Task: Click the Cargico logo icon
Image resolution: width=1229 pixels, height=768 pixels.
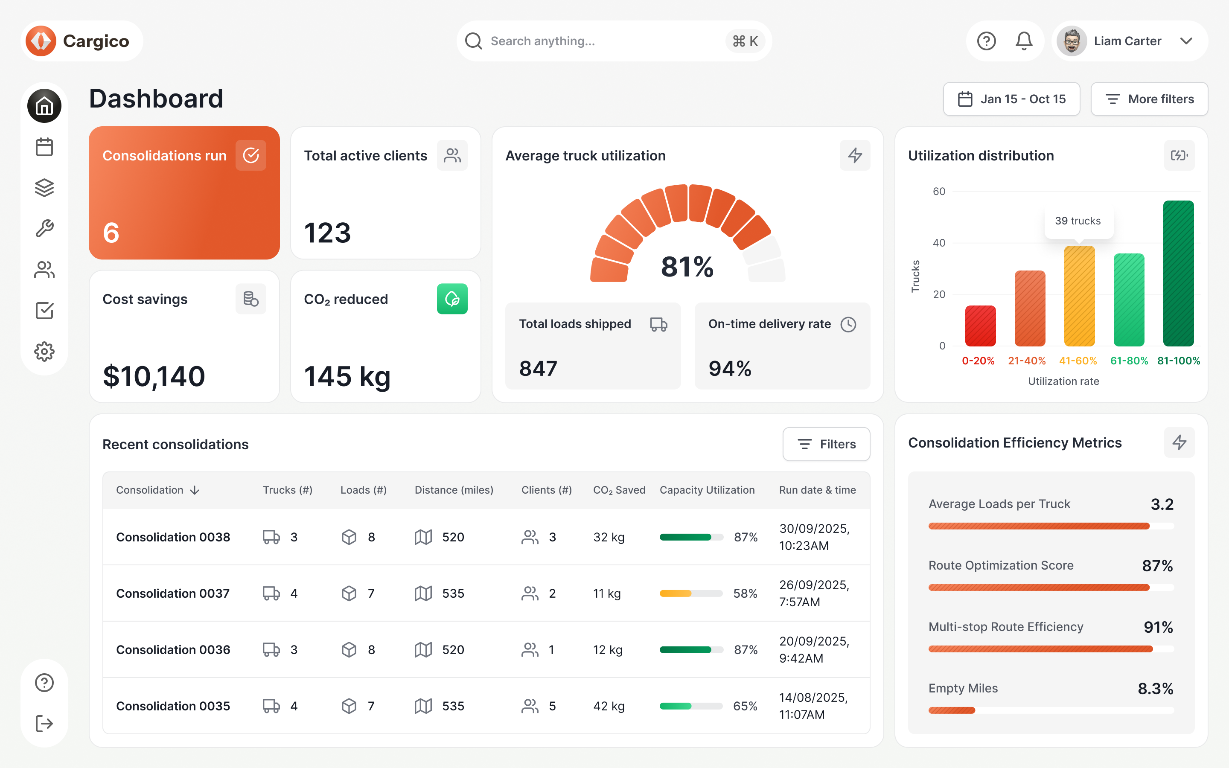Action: pos(41,41)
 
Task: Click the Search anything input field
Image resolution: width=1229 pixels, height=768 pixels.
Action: pos(599,41)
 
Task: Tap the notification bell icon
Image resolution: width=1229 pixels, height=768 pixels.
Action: pos(1023,41)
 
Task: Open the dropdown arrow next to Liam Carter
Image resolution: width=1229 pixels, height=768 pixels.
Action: pos(1186,41)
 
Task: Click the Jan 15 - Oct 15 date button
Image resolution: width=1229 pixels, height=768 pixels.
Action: pos(1011,99)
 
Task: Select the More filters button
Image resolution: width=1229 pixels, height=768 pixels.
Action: pos(1149,99)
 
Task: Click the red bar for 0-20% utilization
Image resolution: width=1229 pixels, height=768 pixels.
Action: pos(980,326)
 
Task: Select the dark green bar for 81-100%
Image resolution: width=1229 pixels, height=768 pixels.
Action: pos(1178,274)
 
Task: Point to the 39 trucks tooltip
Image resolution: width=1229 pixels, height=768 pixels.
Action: pos(1078,221)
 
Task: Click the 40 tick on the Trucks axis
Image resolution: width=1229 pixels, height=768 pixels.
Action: pos(938,243)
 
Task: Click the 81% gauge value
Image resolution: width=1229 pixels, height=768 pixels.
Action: pos(687,267)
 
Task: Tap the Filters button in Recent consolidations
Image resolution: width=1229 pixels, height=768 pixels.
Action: pos(826,444)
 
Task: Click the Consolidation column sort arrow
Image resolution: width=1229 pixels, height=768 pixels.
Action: pos(195,490)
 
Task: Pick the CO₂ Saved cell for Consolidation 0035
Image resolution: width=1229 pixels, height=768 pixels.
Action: pos(609,706)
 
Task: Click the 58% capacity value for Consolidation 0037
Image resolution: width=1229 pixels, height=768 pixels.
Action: pos(745,593)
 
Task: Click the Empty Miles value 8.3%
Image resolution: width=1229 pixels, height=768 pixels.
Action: pos(1155,689)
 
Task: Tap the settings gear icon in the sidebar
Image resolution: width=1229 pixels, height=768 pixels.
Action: pos(44,352)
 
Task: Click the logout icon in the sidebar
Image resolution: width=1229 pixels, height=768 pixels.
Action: pos(44,723)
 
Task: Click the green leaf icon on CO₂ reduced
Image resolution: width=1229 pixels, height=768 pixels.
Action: pos(452,299)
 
